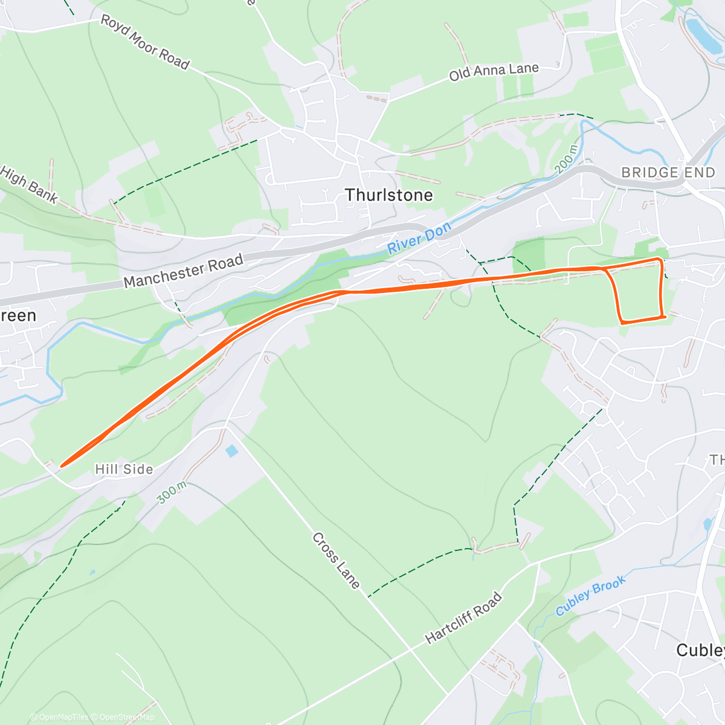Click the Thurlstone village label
[388, 195]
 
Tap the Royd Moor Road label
[145, 42]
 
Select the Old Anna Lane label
[494, 72]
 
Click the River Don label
[419, 238]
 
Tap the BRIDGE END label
[668, 173]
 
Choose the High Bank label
[29, 184]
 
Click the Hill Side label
[124, 469]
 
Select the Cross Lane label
[336, 560]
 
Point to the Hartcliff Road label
[463, 617]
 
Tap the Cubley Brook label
[590, 596]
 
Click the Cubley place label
[700, 650]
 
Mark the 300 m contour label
[172, 492]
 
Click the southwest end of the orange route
[62, 465]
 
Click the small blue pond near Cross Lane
[231, 451]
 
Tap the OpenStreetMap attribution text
[127, 717]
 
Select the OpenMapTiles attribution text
[63, 717]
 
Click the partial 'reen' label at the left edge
[18, 315]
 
